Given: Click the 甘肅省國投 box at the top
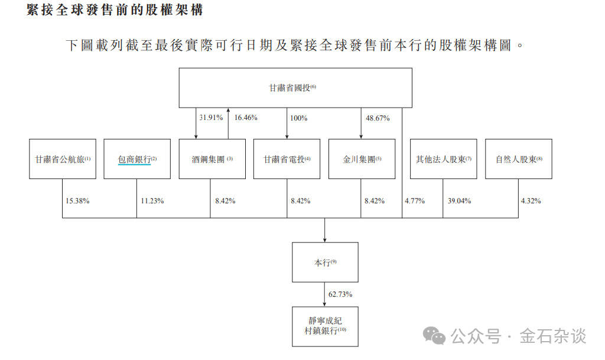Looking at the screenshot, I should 295,87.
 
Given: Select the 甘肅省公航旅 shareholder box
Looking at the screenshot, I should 62,159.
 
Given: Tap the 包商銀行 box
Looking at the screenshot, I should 137,159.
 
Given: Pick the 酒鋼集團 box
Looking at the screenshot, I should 212,159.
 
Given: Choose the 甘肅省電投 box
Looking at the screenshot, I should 287,159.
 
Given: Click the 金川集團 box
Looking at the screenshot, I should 362,159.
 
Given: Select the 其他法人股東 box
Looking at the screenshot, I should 443,159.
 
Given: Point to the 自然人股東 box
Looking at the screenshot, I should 518,159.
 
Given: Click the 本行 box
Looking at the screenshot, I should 325,262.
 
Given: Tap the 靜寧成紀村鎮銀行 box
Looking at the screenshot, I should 325,326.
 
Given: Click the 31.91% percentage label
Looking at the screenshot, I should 211,118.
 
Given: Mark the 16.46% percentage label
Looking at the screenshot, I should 246,118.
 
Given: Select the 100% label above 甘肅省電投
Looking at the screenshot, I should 298,118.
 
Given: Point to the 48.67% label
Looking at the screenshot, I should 378,118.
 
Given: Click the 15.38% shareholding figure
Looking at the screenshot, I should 77,201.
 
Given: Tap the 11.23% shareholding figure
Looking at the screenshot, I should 152,201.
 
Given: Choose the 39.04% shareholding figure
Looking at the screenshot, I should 459,201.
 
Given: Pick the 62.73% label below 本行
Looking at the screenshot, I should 341,294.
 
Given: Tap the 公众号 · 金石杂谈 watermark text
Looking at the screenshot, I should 518,337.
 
